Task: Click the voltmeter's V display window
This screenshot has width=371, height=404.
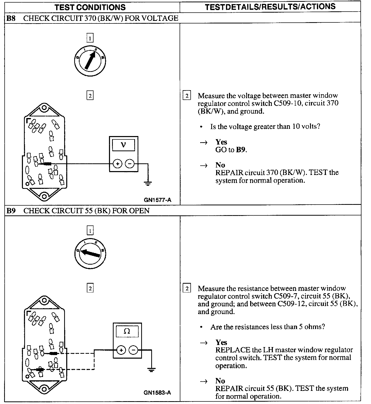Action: tap(124, 145)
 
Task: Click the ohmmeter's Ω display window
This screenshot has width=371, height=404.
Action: tap(127, 331)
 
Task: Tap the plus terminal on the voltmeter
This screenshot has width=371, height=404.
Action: tap(117, 164)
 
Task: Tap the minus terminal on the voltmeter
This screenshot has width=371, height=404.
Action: tap(130, 164)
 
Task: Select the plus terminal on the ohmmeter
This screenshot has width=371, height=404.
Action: tap(121, 350)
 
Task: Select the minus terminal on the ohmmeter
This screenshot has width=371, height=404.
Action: tap(133, 350)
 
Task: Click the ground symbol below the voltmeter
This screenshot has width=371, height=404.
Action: tap(148, 183)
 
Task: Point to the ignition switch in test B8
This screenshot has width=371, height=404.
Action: tap(90, 61)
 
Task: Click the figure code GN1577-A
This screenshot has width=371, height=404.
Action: tap(158, 200)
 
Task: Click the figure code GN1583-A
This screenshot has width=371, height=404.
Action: tap(157, 393)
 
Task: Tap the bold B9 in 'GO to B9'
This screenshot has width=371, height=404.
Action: tap(241, 150)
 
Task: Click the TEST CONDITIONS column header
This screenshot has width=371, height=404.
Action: tap(90, 7)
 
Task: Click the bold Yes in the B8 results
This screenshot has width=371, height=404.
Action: tap(221, 142)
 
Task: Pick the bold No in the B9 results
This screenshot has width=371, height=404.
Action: tap(220, 381)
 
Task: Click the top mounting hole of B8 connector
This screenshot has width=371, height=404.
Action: tap(44, 107)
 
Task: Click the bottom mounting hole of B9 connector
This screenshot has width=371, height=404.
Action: tap(44, 389)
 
